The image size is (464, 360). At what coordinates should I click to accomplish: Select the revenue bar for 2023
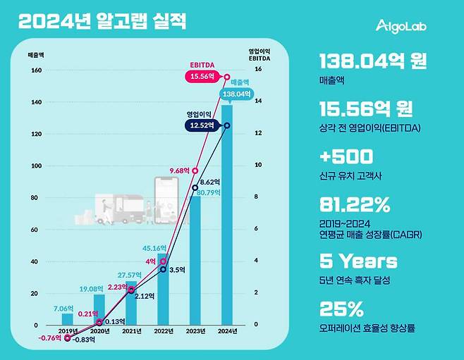pos(195,261)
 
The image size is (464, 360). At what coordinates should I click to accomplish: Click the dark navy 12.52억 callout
pos(204,125)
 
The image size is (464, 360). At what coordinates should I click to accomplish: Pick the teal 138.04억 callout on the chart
pos(236,93)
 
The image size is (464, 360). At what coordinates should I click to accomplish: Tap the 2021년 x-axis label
pos(131,331)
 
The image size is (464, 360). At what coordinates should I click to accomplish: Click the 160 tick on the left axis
pos(36,70)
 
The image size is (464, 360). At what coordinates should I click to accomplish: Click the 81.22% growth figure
pos(355,205)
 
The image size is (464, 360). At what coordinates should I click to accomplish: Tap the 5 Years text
pos(358,261)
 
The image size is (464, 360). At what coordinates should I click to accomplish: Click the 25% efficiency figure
pos(341,309)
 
